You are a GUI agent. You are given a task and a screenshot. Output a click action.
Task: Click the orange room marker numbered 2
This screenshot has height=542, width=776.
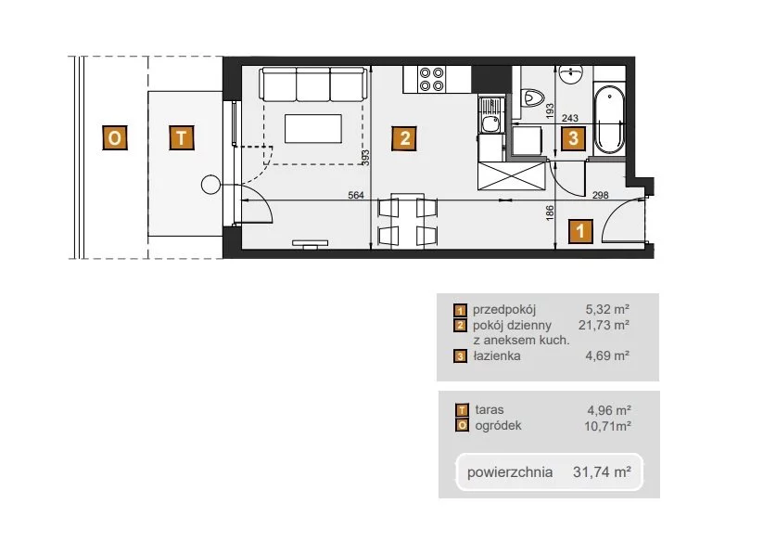point(404,138)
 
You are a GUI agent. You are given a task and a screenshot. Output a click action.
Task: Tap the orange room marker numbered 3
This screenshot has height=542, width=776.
point(573,137)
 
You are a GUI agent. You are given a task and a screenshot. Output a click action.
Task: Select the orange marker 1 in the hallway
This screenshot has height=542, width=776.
point(580,231)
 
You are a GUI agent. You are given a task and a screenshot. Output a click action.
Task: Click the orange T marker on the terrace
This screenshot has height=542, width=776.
point(181,137)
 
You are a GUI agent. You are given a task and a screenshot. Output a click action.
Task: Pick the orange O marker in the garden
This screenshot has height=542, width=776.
point(114,137)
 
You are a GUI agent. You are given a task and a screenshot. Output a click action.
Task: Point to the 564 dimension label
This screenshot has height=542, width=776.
point(356,195)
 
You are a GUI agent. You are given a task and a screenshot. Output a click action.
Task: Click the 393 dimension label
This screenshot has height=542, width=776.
point(365,158)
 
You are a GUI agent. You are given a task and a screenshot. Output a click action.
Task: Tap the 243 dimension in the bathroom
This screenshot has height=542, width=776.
point(570,118)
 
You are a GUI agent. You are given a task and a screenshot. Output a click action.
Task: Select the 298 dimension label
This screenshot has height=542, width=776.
point(601,195)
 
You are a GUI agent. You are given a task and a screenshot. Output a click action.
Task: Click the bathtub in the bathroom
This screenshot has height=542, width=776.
point(609,120)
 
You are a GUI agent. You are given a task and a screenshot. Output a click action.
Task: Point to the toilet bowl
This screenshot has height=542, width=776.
point(533,97)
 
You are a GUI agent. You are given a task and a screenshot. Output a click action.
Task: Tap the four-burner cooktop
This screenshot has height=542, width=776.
point(431,79)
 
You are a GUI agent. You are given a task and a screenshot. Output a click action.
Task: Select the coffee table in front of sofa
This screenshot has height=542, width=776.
point(312,129)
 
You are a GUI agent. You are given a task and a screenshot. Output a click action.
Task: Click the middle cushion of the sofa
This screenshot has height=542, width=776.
point(312,84)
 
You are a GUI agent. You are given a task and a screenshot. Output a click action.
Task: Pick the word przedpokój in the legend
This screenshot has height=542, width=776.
point(504,310)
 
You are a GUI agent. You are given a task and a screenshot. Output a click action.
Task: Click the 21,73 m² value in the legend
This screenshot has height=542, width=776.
point(604,325)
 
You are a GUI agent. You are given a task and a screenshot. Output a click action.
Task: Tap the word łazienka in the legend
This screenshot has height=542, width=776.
point(497,355)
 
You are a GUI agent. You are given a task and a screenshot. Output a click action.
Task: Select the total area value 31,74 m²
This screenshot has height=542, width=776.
point(602,471)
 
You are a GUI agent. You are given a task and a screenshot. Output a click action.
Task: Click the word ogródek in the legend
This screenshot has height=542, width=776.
point(498,426)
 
